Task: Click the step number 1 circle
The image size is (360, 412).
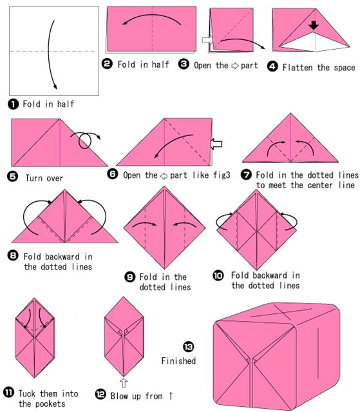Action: pos(13,104)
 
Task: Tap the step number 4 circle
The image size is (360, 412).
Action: pos(272,66)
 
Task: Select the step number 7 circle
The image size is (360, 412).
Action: pos(247,175)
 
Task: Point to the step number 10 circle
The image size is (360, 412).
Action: pos(218,275)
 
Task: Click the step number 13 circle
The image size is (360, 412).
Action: pos(189,347)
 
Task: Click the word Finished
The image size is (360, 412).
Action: pos(178,361)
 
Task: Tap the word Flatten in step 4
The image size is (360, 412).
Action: pos(298,67)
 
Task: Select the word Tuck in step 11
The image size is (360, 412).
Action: pos(27,393)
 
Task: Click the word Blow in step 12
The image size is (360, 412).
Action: pos(119,396)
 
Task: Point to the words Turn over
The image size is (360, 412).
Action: pos(44,178)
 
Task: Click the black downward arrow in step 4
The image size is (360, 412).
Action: pos(314,25)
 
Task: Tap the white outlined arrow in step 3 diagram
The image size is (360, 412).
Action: pos(207,40)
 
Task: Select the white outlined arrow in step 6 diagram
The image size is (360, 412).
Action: pos(216,144)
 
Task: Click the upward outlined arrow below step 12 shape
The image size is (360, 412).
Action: pos(124,383)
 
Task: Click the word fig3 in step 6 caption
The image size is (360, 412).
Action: pos(222,175)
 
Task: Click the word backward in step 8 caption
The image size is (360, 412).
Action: pos(62,257)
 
